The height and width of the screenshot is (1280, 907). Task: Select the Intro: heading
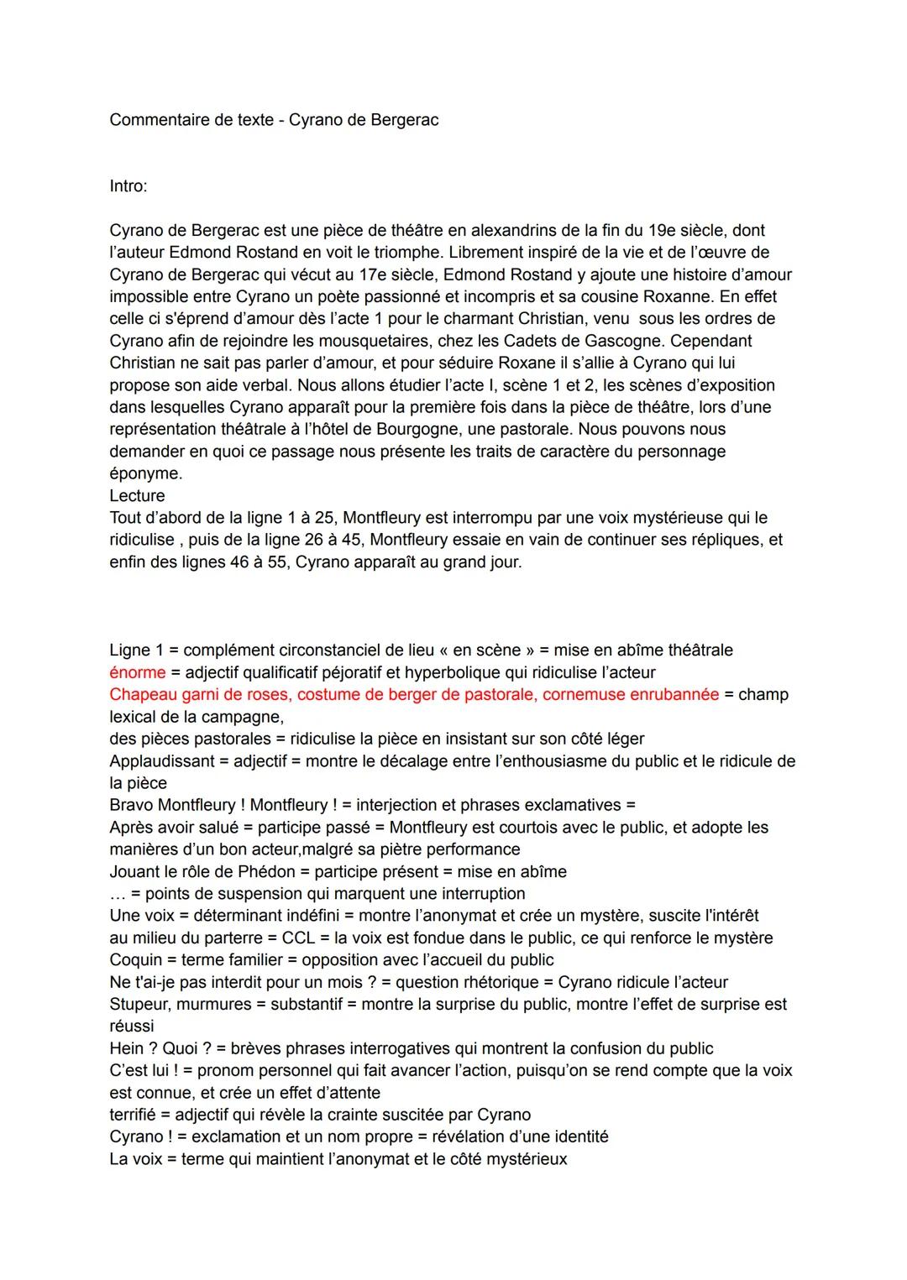pyautogui.click(x=128, y=186)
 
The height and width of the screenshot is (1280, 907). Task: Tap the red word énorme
pyautogui.click(x=137, y=672)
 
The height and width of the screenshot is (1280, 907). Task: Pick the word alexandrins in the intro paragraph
pyautogui.click(x=514, y=231)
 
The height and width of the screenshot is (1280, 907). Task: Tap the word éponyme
pyautogui.click(x=144, y=474)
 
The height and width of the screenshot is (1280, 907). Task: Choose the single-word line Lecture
pyautogui.click(x=137, y=496)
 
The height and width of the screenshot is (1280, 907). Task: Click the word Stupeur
pyautogui.click(x=139, y=1005)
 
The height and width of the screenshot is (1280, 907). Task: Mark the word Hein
pyautogui.click(x=127, y=1049)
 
